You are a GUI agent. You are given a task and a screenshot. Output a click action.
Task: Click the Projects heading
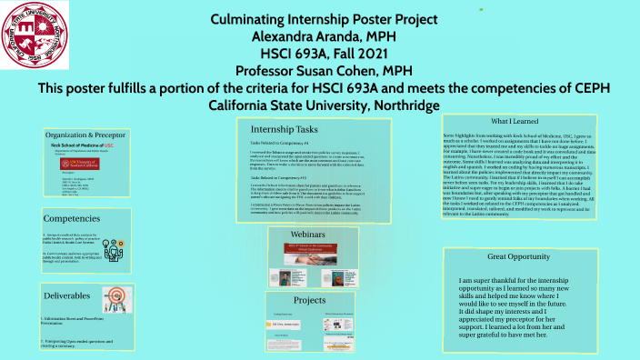tap(310, 300)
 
